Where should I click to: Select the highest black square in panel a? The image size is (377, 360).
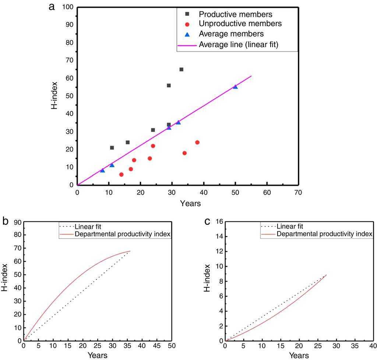(x=181, y=69)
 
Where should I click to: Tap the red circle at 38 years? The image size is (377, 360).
(x=197, y=142)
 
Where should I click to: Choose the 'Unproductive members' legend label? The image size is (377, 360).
(x=240, y=24)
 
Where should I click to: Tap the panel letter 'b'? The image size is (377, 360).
(x=6, y=221)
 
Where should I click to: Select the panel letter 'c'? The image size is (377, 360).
(x=208, y=221)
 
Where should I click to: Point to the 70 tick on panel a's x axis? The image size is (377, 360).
(x=298, y=192)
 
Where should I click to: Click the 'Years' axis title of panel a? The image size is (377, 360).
(x=190, y=203)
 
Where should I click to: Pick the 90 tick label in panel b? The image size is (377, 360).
(x=17, y=222)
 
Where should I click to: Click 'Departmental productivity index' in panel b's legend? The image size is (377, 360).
(x=123, y=234)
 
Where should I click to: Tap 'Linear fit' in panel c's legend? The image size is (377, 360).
(x=290, y=226)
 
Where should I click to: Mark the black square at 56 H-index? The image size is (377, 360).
(x=169, y=85)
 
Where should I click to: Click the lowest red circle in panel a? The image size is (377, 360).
(x=121, y=175)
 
